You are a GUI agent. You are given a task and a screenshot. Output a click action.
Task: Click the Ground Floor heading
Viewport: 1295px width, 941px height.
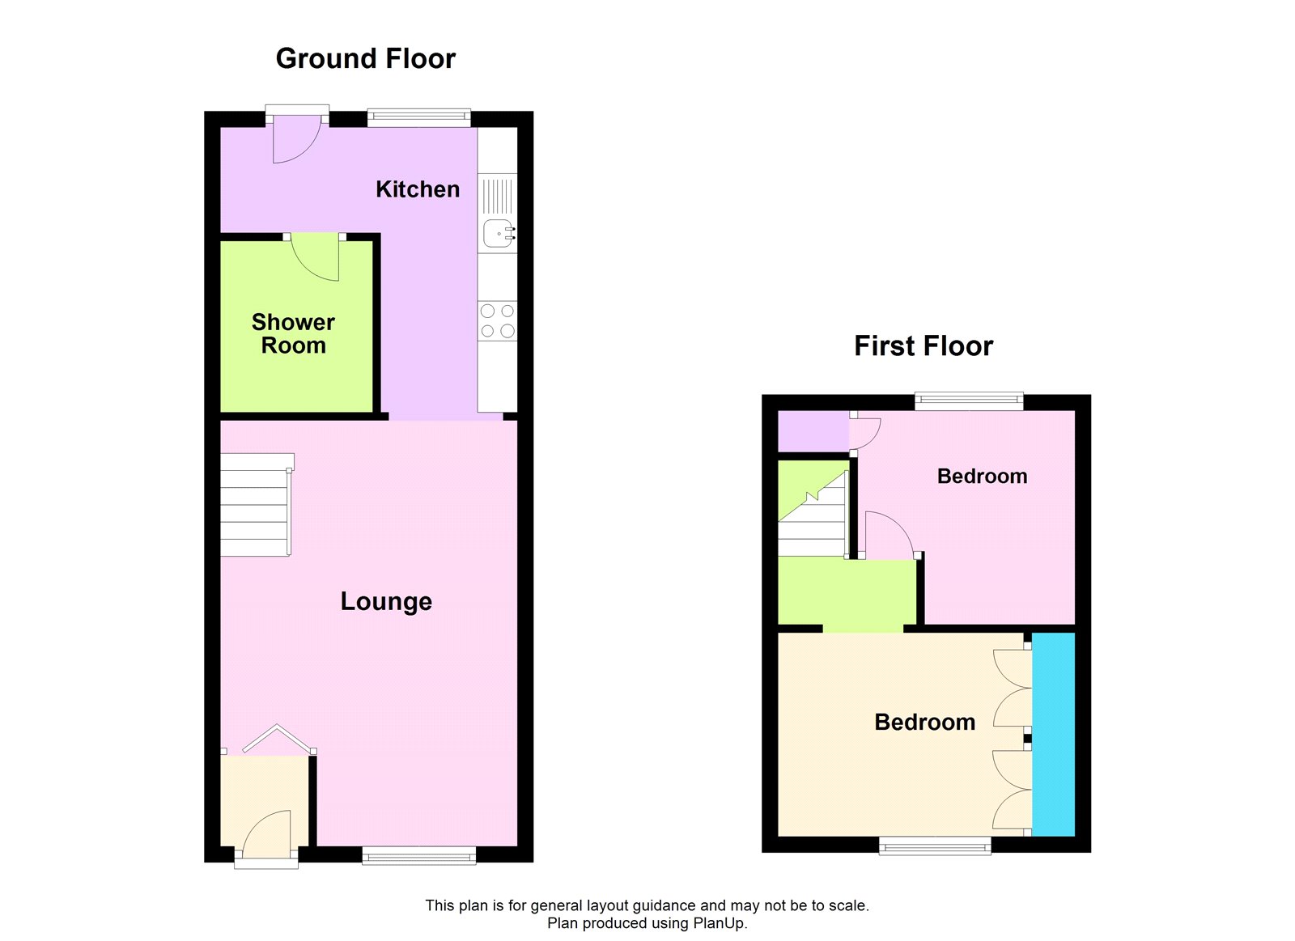coord(365,59)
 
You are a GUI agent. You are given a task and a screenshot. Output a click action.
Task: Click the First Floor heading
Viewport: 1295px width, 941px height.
coord(923,346)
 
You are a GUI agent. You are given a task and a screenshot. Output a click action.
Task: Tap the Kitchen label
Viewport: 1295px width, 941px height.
coord(417,189)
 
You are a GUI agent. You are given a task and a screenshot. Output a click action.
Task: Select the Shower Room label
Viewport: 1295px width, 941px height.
coord(293,333)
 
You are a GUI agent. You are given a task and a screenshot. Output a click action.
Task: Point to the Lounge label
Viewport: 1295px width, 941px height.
coord(386,601)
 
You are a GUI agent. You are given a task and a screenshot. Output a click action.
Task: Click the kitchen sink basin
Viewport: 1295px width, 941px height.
coord(497,233)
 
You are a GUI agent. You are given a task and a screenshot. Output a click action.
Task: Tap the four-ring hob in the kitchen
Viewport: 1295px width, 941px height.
coord(497,320)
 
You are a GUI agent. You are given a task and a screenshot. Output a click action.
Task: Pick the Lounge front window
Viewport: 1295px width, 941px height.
coord(418,855)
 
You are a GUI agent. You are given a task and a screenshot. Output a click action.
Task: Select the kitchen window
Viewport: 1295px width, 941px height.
coord(418,118)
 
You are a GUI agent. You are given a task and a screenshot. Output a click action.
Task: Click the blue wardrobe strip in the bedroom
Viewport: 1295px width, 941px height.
coord(1054,734)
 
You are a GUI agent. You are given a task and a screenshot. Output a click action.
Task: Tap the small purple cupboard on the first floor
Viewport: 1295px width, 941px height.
coord(813,430)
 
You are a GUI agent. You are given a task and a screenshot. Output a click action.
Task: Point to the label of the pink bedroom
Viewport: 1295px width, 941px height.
coord(982,477)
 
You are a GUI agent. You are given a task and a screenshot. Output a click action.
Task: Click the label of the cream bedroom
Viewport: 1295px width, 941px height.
coord(924,722)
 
